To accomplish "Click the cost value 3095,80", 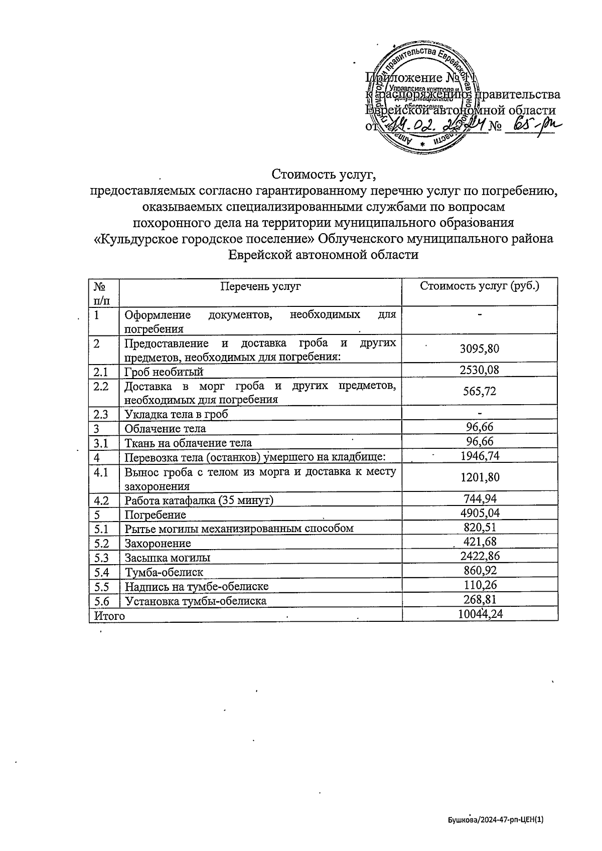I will point(480,349).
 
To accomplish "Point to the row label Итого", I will point(107,615).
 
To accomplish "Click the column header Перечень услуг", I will point(260,286).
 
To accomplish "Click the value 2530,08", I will point(480,370).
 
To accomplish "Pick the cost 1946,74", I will point(480,455).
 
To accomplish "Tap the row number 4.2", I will point(101,500).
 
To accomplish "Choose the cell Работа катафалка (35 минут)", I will point(199,500).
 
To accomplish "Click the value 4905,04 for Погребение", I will point(480,513).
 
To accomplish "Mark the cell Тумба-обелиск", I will point(164,572).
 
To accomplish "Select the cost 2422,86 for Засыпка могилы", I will point(480,556).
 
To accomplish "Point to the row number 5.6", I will point(101,600).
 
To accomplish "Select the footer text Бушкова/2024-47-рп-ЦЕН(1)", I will point(496,820).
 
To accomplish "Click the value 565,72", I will point(480,391).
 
